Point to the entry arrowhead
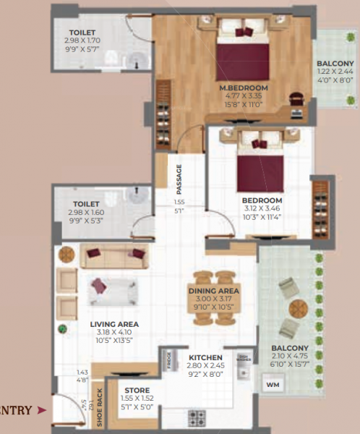42,411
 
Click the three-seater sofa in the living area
113,253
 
